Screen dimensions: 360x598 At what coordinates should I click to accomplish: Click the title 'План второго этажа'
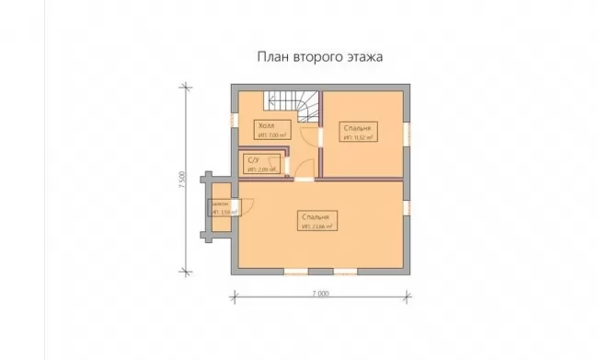pos(318,56)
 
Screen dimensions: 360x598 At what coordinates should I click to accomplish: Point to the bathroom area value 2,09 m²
pos(261,168)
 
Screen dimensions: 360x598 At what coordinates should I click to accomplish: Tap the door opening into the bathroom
pos(287,166)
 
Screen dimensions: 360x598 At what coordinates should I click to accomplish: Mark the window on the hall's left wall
pos(234,122)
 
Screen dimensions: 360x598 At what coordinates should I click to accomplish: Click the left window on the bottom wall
pos(296,272)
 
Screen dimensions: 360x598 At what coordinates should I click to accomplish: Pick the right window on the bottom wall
pos(346,272)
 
